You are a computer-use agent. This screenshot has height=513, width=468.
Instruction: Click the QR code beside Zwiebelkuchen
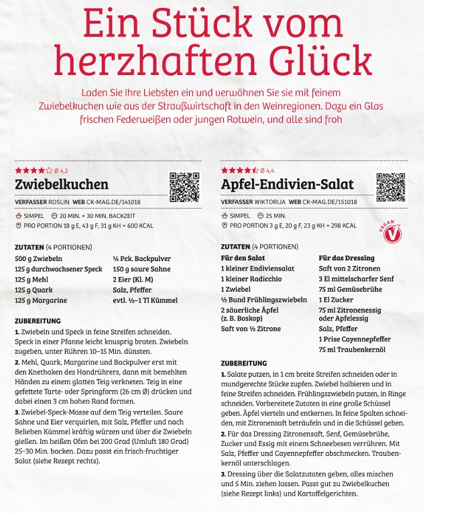(184, 187)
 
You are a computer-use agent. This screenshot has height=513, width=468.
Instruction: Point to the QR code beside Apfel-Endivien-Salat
(391, 187)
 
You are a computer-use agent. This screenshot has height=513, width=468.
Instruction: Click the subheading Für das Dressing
(346, 258)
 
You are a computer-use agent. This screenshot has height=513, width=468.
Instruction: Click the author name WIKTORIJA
(266, 202)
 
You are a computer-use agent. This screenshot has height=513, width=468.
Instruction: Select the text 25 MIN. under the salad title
(274, 216)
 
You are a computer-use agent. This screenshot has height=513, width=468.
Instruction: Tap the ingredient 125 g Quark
(36, 290)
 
